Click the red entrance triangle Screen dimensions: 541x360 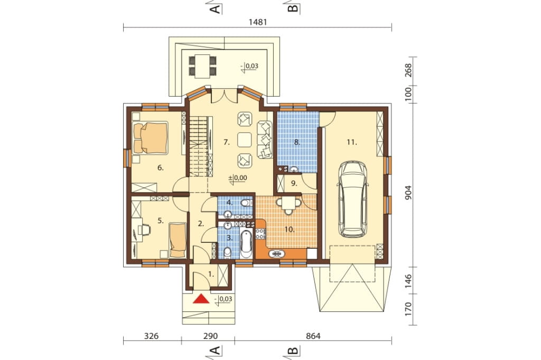coord(201,299)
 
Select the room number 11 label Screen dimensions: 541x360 coord(352,142)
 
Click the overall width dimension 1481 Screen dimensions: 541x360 coord(258,22)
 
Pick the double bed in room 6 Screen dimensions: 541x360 coord(151,137)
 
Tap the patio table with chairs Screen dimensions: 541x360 coord(202,65)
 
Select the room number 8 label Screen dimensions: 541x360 coord(297,142)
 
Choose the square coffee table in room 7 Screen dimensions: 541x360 coord(245,140)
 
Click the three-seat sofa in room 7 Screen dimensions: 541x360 coord(265,140)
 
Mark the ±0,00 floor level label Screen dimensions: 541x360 coord(238,178)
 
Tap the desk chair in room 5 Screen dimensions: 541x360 coord(144,229)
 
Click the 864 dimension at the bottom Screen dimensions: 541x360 coord(313,336)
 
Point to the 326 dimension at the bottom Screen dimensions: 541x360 coord(152,336)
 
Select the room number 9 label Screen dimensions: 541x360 coord(294,183)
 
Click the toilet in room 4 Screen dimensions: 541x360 coord(246,202)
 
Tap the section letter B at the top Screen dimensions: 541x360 coord(293,7)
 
